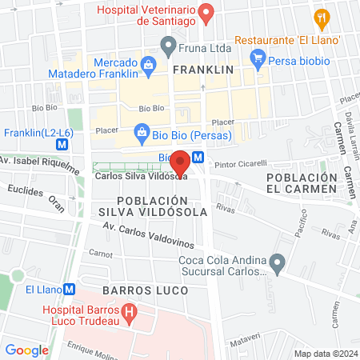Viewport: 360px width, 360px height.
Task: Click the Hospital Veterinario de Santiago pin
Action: [206, 12]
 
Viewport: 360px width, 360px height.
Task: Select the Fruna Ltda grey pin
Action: [168, 44]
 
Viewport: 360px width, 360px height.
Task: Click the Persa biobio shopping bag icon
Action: [257, 57]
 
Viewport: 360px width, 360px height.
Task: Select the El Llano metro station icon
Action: [70, 290]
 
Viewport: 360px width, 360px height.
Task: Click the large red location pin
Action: [181, 162]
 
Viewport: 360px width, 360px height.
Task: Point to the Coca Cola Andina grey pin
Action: [278, 262]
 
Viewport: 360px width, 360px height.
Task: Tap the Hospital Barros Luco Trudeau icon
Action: [128, 310]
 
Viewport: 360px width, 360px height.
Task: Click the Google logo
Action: [27, 350]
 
